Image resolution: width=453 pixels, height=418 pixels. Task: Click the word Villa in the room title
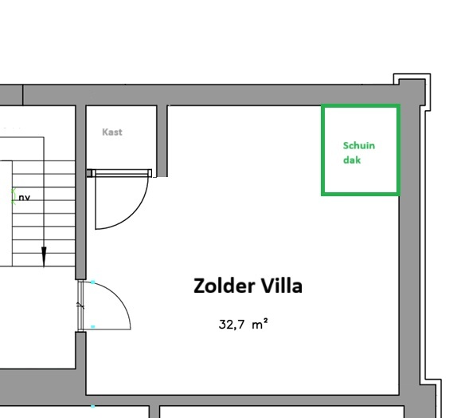click(282, 286)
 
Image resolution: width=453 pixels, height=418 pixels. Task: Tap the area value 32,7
click(232, 325)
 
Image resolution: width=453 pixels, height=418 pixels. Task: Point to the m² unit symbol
click(260, 324)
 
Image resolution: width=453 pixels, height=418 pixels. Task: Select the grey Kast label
click(112, 132)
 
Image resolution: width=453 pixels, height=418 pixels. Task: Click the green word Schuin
click(359, 145)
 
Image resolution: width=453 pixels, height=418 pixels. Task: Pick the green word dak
click(352, 160)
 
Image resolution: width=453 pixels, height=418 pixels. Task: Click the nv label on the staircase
click(24, 198)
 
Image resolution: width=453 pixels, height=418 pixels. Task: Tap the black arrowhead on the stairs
click(44, 256)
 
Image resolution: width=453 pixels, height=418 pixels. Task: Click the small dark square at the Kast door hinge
click(89, 173)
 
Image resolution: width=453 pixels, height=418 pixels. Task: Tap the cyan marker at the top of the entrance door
click(92, 282)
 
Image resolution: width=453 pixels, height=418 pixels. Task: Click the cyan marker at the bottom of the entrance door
click(92, 326)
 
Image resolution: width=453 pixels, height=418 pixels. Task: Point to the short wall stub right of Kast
click(162, 140)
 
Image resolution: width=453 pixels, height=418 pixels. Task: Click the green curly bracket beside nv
click(13, 196)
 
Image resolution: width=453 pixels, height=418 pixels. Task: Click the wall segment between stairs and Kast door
click(80, 192)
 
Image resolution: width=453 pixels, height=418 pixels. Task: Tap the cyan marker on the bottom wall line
click(92, 406)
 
